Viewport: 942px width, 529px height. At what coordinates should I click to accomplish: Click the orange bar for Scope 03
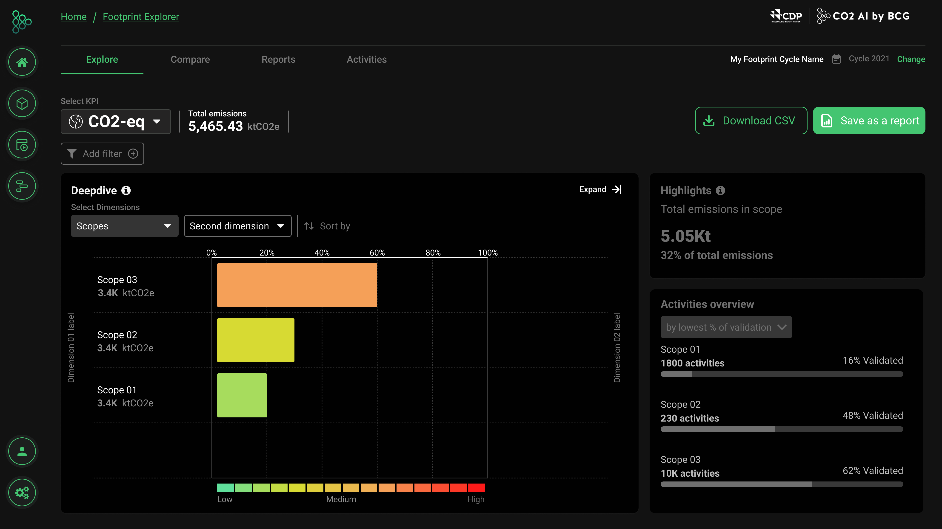tap(297, 285)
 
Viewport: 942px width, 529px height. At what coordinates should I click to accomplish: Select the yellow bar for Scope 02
tap(256, 340)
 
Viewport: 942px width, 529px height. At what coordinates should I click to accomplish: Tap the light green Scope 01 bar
tap(242, 395)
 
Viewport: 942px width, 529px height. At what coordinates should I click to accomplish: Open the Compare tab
tap(190, 59)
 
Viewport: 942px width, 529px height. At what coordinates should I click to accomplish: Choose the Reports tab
tap(278, 59)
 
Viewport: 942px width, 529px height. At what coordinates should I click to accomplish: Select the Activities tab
tap(366, 59)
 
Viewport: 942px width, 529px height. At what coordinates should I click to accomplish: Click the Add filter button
tap(102, 154)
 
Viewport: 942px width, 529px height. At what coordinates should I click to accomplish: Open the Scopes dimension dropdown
tap(124, 226)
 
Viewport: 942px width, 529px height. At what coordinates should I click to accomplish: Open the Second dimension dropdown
tap(237, 226)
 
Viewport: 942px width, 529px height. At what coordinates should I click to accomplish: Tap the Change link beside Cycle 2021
tap(911, 59)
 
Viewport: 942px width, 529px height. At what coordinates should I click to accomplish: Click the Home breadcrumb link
tap(74, 17)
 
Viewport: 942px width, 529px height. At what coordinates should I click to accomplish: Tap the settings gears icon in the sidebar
tap(22, 492)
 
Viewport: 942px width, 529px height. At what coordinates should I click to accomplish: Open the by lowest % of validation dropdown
tap(726, 327)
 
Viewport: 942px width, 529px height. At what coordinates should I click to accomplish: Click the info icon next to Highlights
tap(720, 190)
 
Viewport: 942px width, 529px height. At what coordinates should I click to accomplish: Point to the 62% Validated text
tap(873, 470)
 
